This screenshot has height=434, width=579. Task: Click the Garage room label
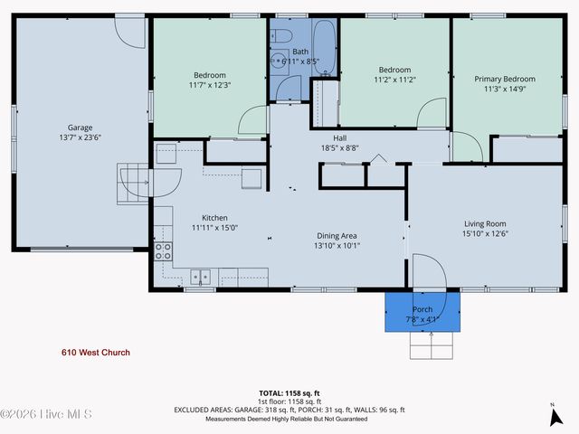click(80, 127)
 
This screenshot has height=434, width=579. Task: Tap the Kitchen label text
click(214, 218)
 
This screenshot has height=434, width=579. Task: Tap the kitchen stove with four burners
click(164, 250)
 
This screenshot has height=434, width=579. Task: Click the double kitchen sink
click(201, 277)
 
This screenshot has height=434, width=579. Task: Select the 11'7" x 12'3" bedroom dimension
click(209, 85)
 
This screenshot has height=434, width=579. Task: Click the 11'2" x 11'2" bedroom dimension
click(394, 80)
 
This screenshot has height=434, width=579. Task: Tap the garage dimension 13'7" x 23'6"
click(80, 138)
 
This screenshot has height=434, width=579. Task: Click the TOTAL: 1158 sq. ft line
click(289, 392)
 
